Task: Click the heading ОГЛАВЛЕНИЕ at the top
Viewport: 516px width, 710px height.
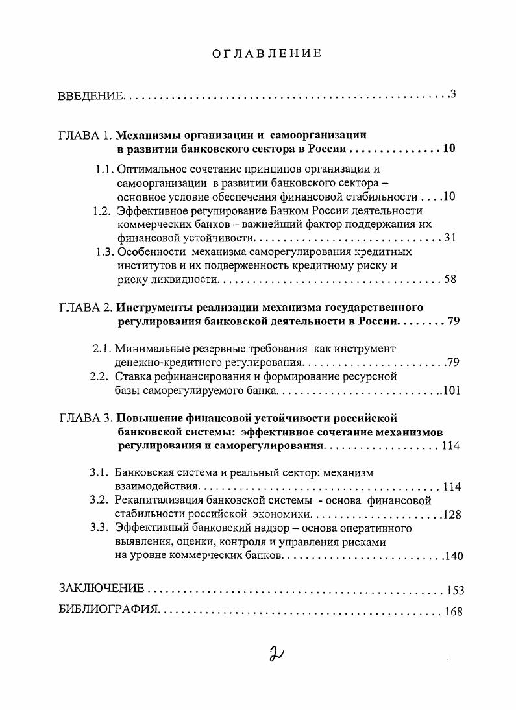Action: (267, 53)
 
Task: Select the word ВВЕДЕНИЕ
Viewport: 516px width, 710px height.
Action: (90, 97)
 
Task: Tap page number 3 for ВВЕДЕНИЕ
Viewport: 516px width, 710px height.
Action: (454, 95)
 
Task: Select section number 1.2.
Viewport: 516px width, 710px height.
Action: (101, 210)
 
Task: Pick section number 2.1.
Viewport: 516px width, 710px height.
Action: (103, 349)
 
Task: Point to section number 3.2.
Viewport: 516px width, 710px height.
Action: (101, 500)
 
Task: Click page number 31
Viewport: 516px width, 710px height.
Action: (450, 238)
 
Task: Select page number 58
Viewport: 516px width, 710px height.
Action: (450, 280)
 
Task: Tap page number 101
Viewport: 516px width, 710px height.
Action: (450, 391)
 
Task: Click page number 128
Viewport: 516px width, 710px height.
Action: (450, 515)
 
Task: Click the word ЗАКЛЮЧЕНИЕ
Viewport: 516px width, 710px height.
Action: (101, 589)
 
